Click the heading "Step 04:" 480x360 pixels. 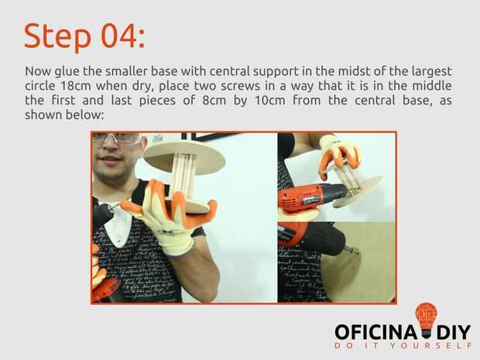pyautogui.click(x=84, y=36)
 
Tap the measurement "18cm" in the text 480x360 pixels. pyautogui.click(x=76, y=86)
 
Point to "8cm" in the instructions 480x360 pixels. pyautogui.click(x=214, y=101)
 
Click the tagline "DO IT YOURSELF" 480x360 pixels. pyautogui.click(x=403, y=345)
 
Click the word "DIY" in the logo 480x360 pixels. pyautogui.click(x=454, y=332)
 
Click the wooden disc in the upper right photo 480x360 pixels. pyautogui.click(x=358, y=191)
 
